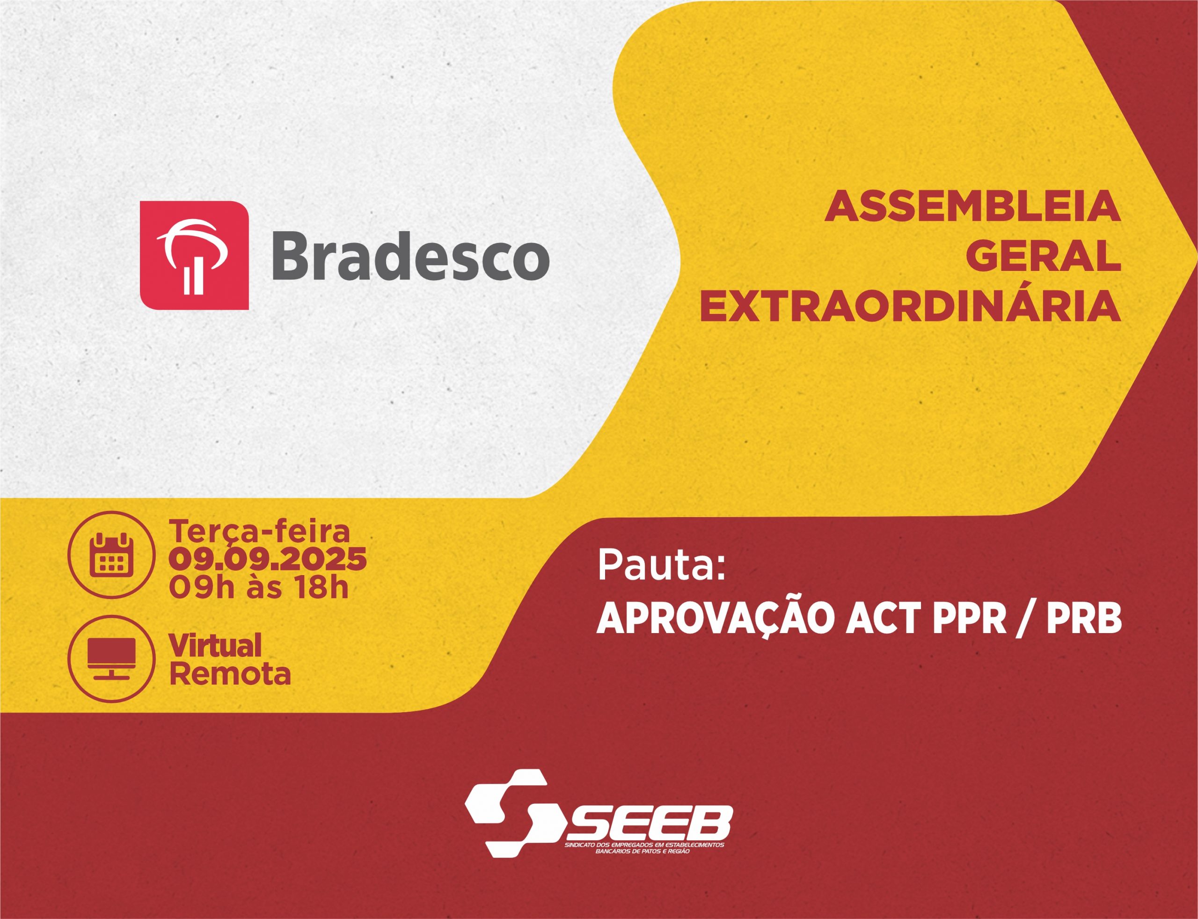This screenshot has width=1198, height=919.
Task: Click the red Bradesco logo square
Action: click(x=194, y=255)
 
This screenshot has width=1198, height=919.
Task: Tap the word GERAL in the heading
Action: click(x=1042, y=256)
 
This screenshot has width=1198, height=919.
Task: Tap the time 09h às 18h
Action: click(x=258, y=588)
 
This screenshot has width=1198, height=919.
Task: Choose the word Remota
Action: click(x=230, y=674)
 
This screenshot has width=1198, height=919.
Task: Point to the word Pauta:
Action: click(x=661, y=566)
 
